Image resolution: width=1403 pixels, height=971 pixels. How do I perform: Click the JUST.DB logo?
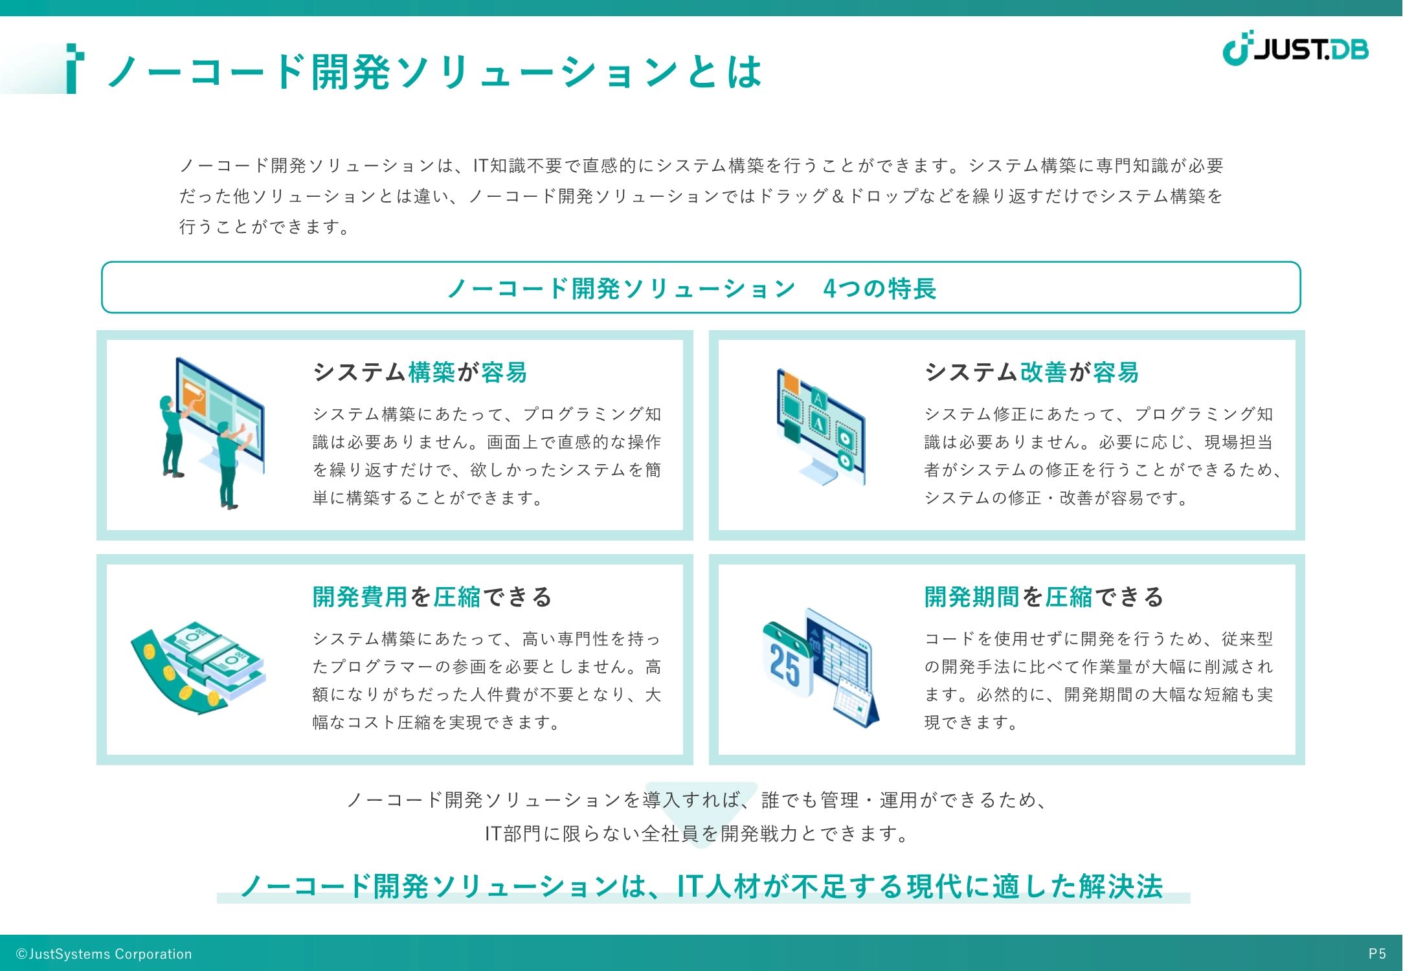tap(1295, 48)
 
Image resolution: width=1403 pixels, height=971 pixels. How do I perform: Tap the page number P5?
tap(1377, 954)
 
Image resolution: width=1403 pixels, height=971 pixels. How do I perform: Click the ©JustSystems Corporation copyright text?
tap(104, 954)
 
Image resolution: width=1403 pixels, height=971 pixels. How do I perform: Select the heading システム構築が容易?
tap(420, 372)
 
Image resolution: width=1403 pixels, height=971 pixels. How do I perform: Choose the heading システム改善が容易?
tap(1031, 372)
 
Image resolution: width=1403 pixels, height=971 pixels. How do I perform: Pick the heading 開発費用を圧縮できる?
tap(432, 596)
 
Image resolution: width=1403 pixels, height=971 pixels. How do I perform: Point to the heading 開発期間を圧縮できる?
tap(1044, 596)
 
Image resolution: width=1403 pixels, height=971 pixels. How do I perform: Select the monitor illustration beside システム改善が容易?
tap(821, 427)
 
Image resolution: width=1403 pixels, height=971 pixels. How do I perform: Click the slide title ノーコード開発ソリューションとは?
tap(434, 71)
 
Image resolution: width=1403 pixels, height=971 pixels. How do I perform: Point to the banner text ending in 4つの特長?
tap(692, 288)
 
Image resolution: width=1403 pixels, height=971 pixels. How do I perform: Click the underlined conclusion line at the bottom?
tap(702, 886)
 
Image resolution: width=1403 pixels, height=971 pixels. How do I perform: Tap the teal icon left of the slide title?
tap(75, 69)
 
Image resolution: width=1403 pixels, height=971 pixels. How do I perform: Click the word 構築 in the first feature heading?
tap(432, 372)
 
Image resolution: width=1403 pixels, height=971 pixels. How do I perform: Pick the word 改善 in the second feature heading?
tap(1044, 372)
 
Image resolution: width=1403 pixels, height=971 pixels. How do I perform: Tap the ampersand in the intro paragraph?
tap(838, 196)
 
